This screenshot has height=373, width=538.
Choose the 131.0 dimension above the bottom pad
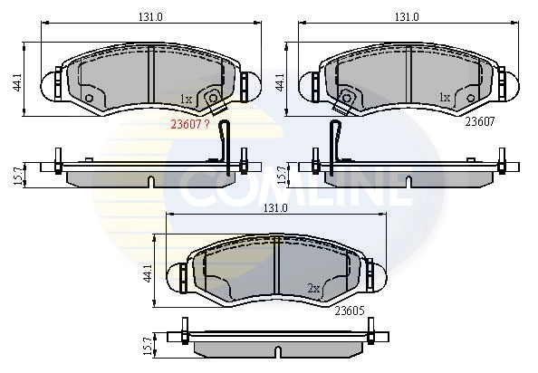click(x=274, y=207)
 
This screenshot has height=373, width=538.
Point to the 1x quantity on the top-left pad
click(x=185, y=99)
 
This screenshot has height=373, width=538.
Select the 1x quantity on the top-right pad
click(x=445, y=96)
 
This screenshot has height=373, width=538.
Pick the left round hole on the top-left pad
click(x=89, y=98)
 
